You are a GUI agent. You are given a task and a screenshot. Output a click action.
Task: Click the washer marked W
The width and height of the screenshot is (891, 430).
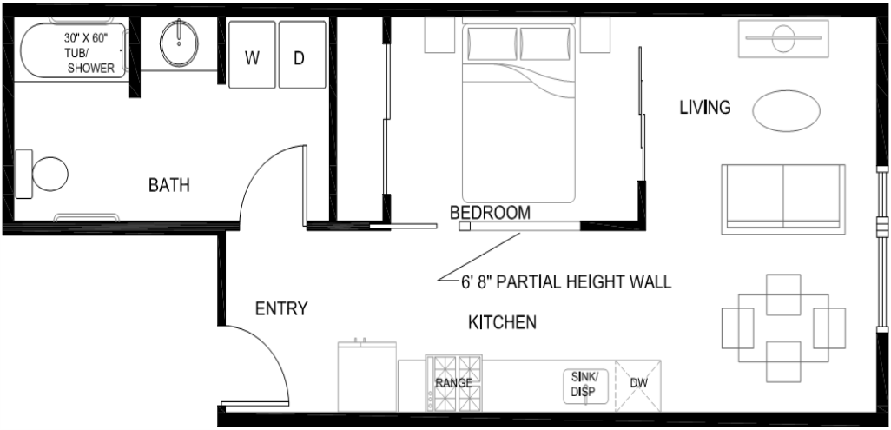pos(252,55)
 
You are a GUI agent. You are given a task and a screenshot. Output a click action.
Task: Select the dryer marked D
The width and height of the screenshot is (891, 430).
pos(302,55)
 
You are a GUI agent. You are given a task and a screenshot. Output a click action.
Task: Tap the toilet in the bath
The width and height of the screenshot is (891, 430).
pos(42,174)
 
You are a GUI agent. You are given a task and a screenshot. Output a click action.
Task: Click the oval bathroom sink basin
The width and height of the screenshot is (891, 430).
pos(179,43)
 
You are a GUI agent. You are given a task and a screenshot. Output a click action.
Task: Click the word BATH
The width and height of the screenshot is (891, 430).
pos(168,185)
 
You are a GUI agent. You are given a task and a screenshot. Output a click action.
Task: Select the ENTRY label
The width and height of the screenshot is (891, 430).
pos(281,309)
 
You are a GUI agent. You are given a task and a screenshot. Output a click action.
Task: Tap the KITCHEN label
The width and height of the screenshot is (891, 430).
pos(502,322)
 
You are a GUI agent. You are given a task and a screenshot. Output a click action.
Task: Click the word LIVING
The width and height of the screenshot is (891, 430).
pos(705,107)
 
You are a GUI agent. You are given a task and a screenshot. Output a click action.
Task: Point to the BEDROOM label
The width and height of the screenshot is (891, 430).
pos(490,213)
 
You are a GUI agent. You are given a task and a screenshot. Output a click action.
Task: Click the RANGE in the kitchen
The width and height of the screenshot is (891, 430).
pos(454,383)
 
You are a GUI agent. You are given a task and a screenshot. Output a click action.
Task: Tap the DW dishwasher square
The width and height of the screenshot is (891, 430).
pos(638,385)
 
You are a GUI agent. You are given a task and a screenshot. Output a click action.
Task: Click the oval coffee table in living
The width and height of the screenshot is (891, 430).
pos(787,111)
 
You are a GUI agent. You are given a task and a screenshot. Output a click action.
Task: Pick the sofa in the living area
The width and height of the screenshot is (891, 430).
pos(783,199)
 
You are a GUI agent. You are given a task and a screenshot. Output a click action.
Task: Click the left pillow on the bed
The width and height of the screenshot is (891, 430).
pos(492,43)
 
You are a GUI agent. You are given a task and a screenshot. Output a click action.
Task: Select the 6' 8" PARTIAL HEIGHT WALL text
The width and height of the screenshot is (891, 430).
pos(566,281)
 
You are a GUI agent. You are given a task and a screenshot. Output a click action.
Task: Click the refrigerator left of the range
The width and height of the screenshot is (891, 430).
pos(367,376)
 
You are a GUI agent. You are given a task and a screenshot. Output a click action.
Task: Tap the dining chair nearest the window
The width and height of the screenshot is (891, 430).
pos(829,327)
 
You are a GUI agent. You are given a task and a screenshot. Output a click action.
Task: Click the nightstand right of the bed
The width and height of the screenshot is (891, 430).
pos(595,35)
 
